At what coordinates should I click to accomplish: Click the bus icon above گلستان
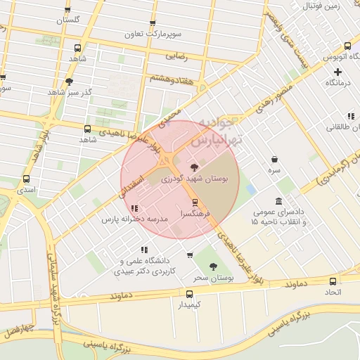(x=67, y=9)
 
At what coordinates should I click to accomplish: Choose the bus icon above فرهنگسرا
(x=195, y=202)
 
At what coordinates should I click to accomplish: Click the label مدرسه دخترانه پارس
(x=135, y=219)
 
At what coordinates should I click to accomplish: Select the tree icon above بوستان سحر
(x=213, y=266)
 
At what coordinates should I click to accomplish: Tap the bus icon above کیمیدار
(x=189, y=293)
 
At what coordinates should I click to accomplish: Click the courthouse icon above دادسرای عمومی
(x=279, y=202)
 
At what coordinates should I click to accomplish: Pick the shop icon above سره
(x=274, y=159)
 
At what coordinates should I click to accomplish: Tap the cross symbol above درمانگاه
(x=338, y=72)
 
